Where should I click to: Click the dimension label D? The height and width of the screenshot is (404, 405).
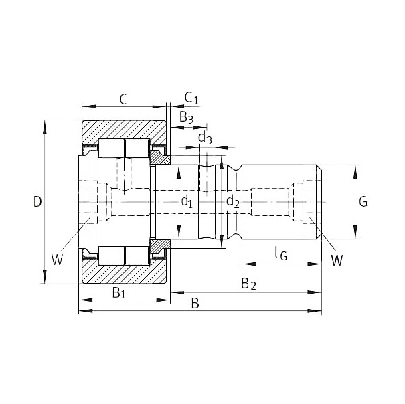pyautogui.click(x=37, y=201)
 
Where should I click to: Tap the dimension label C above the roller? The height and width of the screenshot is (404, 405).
pyautogui.click(x=123, y=99)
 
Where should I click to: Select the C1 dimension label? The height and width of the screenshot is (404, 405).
pyautogui.click(x=191, y=98)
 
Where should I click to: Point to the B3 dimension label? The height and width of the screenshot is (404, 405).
pyautogui.click(x=186, y=118)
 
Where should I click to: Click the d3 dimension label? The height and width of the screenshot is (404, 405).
pyautogui.click(x=205, y=138)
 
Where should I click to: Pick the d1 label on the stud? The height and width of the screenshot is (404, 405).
pyautogui.click(x=187, y=201)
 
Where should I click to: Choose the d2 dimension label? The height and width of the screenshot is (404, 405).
pyautogui.click(x=233, y=201)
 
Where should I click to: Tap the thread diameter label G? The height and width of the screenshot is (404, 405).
pyautogui.click(x=363, y=201)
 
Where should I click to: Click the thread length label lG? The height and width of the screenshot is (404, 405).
pyautogui.click(x=280, y=253)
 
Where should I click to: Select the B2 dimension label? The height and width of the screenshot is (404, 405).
pyautogui.click(x=249, y=284)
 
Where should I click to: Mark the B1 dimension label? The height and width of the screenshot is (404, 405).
pyautogui.click(x=118, y=293)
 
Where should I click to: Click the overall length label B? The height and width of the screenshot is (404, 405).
pyautogui.click(x=195, y=303)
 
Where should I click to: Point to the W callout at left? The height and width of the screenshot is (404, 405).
pyautogui.click(x=57, y=260)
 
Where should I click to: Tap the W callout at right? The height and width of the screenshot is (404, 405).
pyautogui.click(x=337, y=260)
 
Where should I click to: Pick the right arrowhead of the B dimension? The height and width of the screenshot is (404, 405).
pyautogui.click(x=315, y=311)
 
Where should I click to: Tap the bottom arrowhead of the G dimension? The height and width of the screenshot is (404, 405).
pyautogui.click(x=355, y=232)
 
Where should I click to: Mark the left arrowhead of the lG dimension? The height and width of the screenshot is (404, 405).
pyautogui.click(x=249, y=264)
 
